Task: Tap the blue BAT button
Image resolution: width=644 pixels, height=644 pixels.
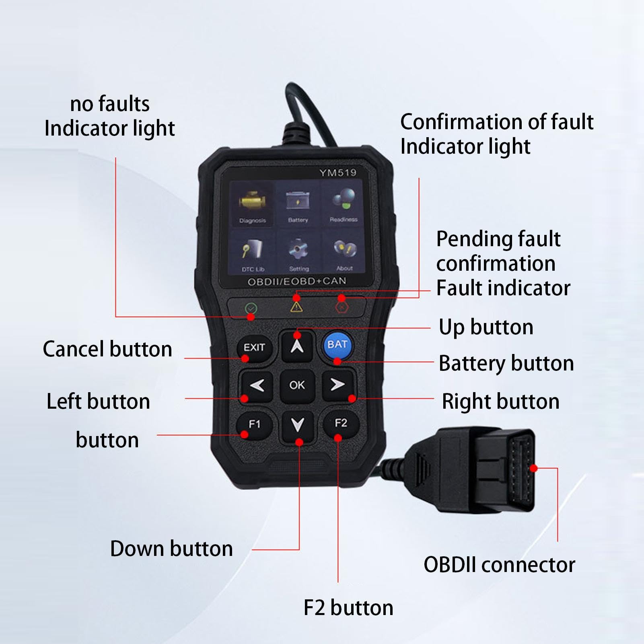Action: [338, 345]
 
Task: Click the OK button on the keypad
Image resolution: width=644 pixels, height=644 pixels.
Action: [297, 385]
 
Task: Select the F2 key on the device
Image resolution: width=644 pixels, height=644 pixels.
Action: [341, 424]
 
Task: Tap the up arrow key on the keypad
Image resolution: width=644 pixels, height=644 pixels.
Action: [297, 346]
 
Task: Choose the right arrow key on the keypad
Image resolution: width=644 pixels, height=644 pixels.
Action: [338, 385]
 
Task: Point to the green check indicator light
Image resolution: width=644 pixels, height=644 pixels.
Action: [251, 309]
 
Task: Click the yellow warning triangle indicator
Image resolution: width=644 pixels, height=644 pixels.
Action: [296, 307]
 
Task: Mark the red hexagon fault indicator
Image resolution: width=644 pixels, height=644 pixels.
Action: [342, 307]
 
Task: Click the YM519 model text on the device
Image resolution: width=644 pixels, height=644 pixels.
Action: [338, 173]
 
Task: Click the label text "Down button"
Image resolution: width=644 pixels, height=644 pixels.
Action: [172, 549]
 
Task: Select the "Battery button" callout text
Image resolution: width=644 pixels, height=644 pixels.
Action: [506, 364]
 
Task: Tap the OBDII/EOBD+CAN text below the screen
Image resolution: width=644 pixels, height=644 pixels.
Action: [297, 281]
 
